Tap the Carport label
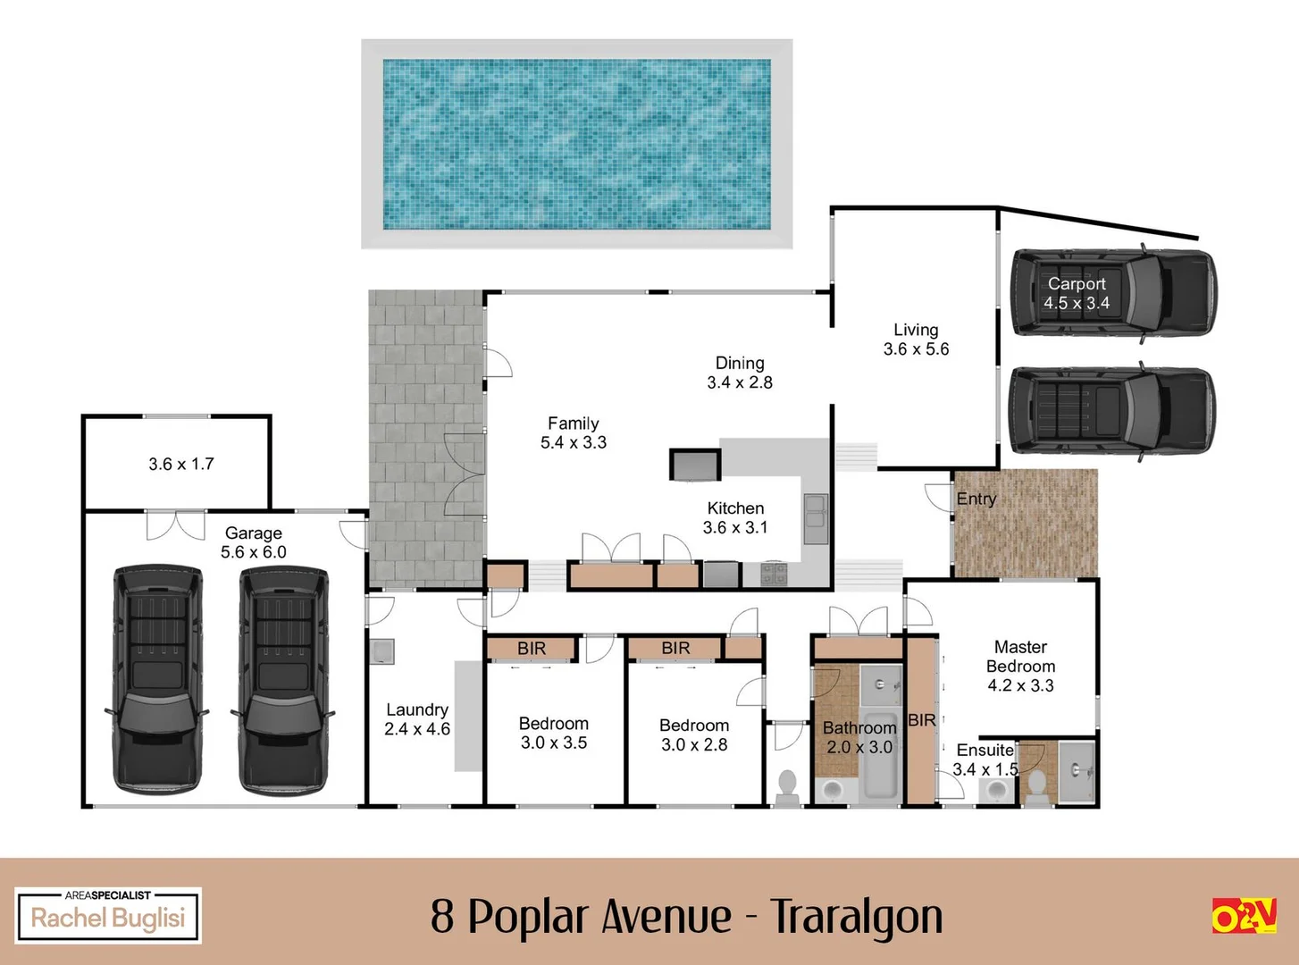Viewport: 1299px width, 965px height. coord(1077,293)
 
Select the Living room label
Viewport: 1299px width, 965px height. coord(916,340)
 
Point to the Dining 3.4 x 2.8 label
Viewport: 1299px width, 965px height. coord(740,373)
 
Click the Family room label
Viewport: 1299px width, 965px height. coord(574,432)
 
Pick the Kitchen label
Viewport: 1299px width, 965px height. coord(735,517)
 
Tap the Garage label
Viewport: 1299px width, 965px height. coord(254,542)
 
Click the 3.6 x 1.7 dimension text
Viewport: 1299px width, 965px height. coord(181,464)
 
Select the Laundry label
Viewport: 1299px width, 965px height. coord(417,719)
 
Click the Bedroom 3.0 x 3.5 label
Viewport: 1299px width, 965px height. coord(554,733)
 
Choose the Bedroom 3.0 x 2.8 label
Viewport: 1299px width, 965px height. coord(694,734)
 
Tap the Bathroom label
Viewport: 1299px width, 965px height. coord(859,737)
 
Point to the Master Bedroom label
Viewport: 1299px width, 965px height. coord(1020,666)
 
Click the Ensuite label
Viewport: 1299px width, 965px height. coord(985,759)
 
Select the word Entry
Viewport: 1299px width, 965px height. coord(976,499)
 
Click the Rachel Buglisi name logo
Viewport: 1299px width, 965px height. coord(108,916)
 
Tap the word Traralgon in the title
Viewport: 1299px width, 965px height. coord(857,916)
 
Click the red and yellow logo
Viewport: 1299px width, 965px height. coord(1244,916)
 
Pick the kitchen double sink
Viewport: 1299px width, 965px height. coord(815,518)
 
